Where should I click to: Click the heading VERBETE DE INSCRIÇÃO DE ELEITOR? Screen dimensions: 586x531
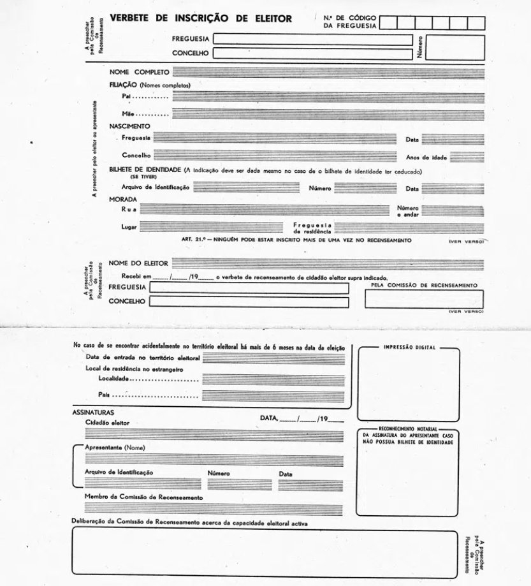click(x=201, y=18)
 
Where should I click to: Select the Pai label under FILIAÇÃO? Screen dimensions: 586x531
click(x=127, y=95)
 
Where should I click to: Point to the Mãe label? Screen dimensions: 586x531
click(x=129, y=113)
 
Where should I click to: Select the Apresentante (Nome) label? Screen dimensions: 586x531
click(x=115, y=447)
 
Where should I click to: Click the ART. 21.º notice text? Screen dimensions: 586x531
click(x=296, y=240)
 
